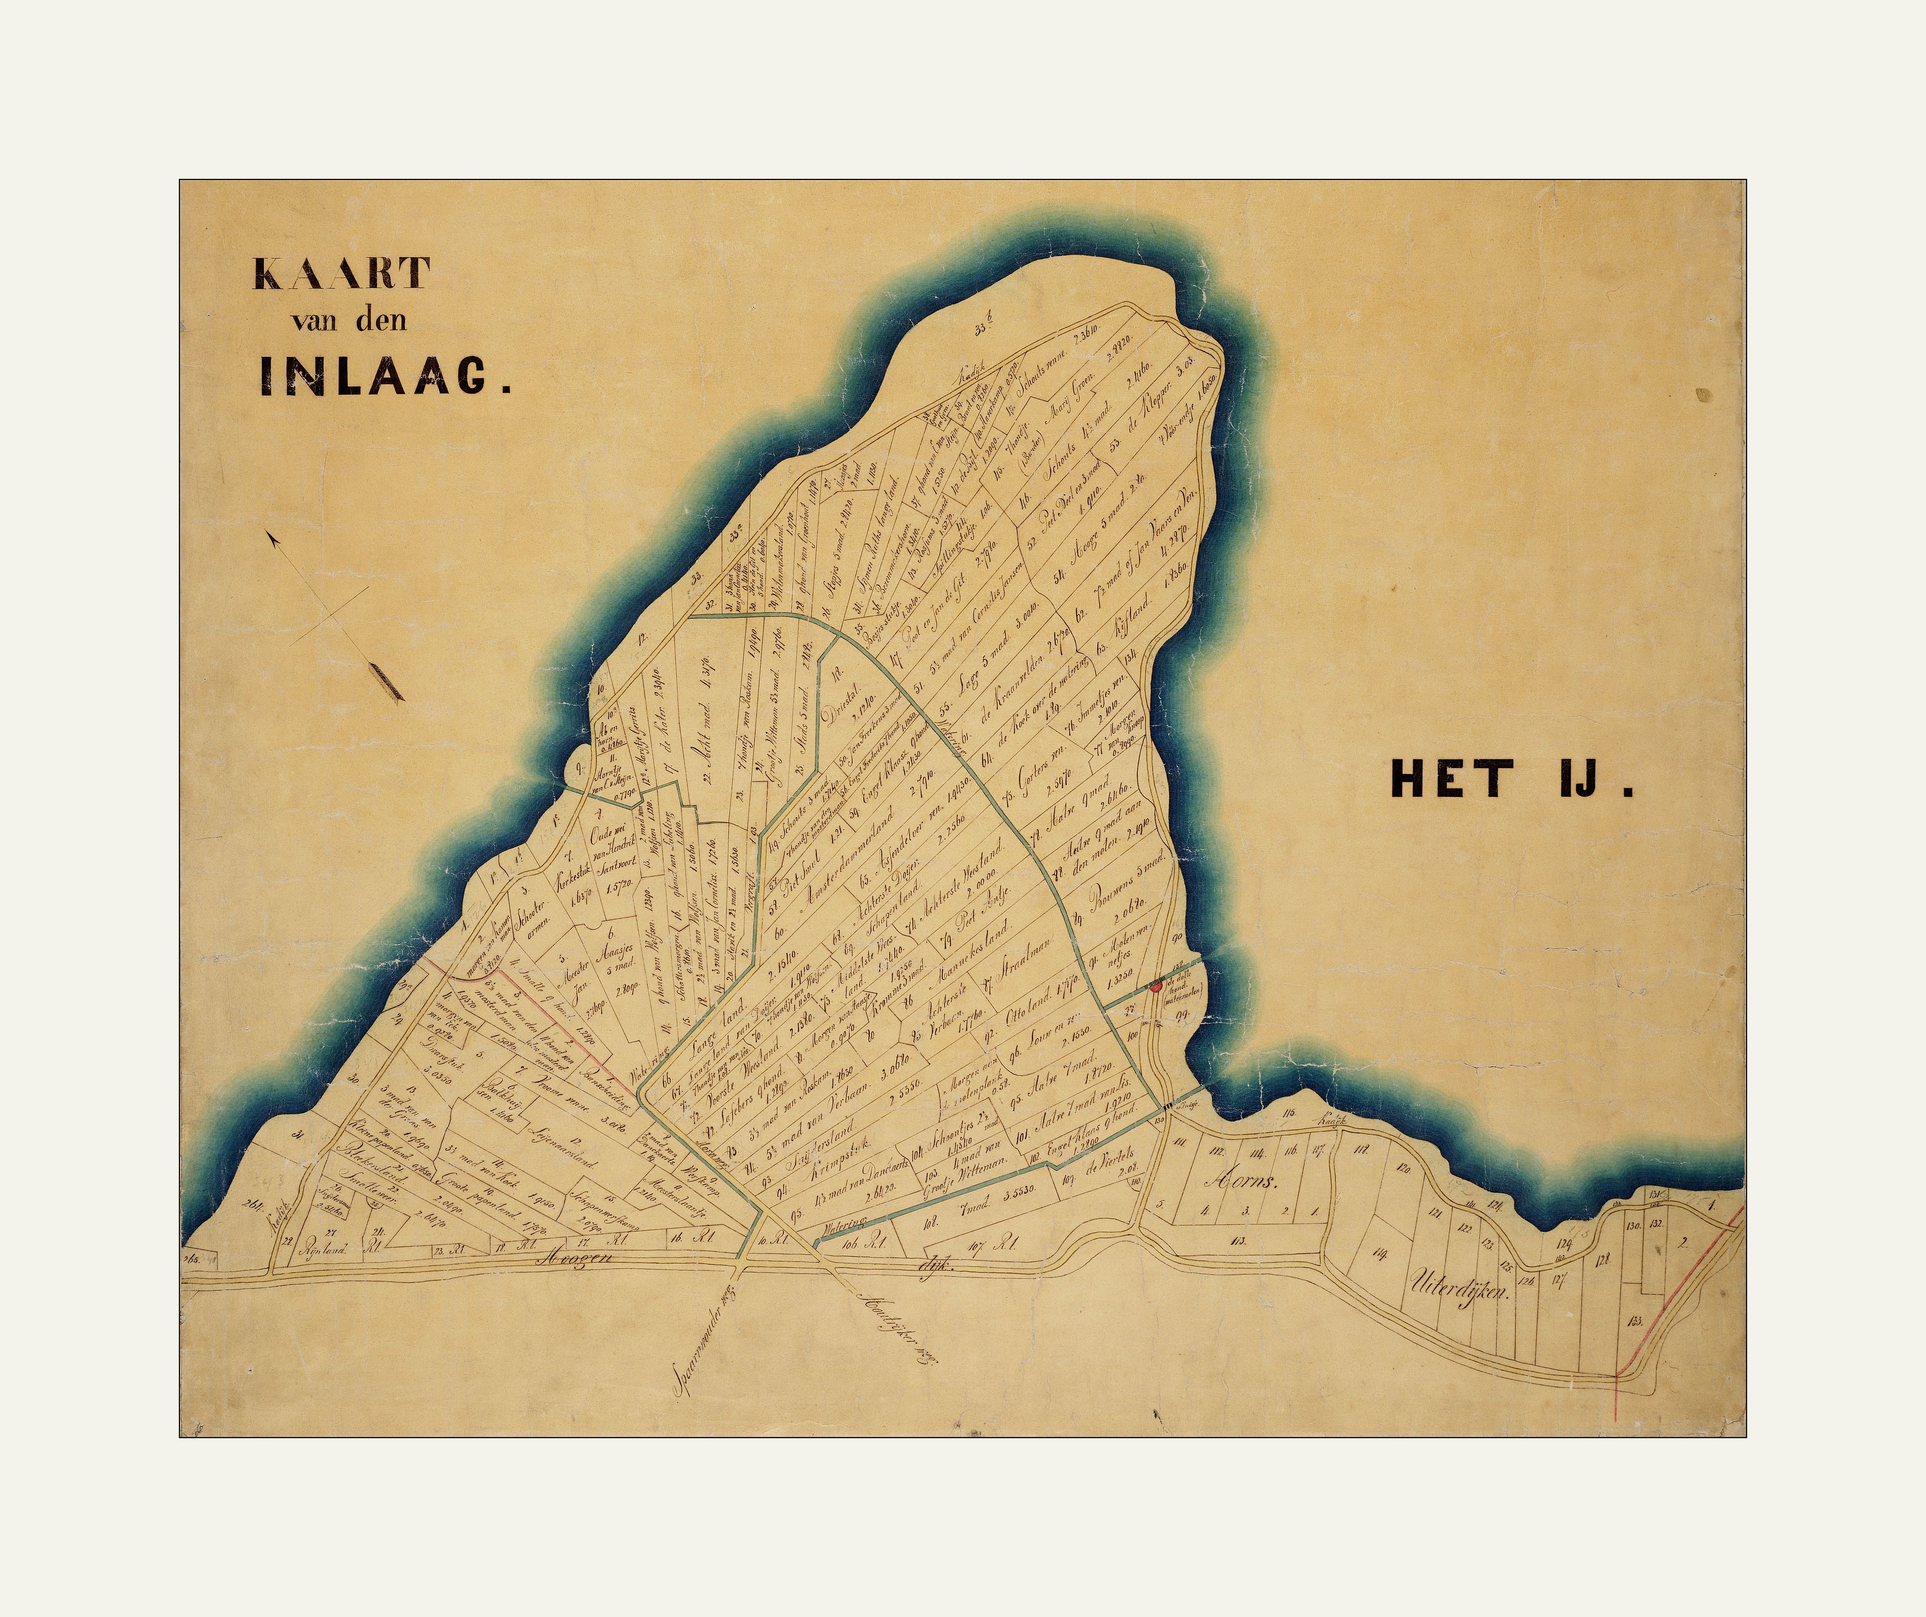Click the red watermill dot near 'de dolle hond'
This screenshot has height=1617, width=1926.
pos(1155,986)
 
